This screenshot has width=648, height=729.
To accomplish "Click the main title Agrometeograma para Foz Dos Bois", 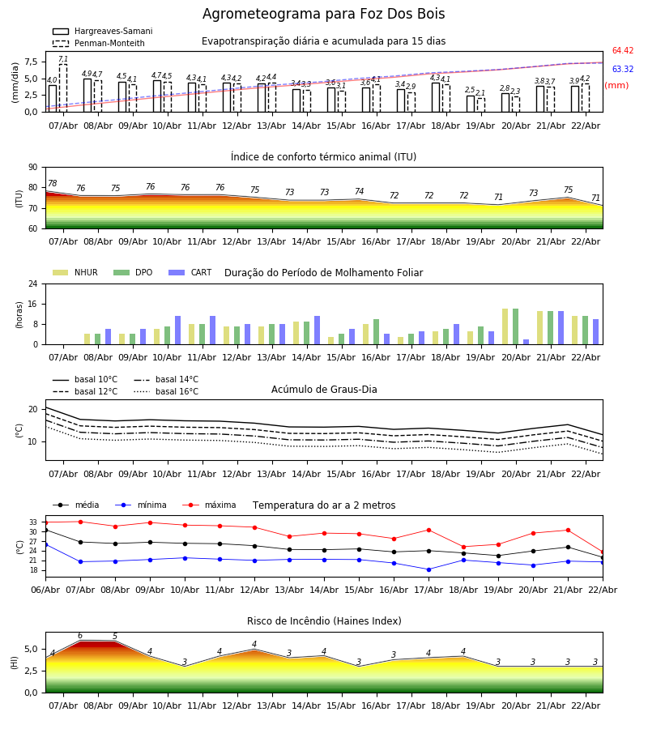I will click(x=323, y=15).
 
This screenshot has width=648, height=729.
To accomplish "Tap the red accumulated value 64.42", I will click(x=622, y=51).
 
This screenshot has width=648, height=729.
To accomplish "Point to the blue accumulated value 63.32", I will click(x=622, y=70).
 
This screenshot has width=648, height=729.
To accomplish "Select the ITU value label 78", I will click(x=53, y=184).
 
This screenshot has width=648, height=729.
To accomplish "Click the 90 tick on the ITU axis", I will click(x=32, y=168).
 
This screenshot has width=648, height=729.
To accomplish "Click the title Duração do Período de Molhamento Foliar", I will click(x=323, y=273).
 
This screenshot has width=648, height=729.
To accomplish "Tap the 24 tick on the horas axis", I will click(x=32, y=284).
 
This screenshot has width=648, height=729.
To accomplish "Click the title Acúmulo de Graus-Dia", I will click(x=324, y=390).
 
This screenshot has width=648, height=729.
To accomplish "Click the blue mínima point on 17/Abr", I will click(x=428, y=569).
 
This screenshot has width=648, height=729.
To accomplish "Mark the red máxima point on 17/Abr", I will click(x=428, y=530).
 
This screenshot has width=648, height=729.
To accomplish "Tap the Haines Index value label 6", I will click(x=79, y=636).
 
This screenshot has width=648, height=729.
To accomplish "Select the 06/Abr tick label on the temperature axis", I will click(x=45, y=589).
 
